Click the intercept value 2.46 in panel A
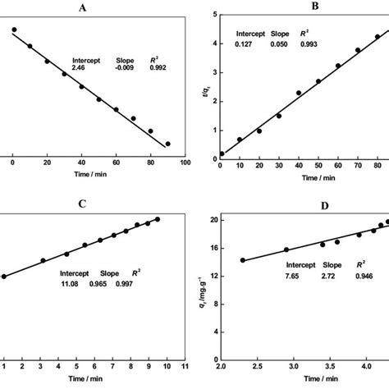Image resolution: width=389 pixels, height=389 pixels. (x=80, y=70)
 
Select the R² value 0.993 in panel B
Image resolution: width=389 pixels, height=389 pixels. (x=308, y=43)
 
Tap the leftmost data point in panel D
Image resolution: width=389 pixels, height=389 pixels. (x=242, y=260)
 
